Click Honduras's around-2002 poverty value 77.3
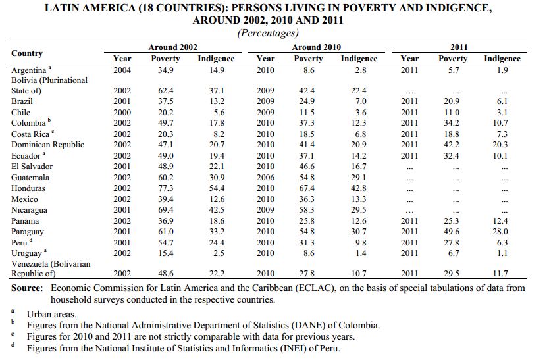166,188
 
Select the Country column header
27,53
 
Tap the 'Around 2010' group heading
316,47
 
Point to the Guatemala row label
30,178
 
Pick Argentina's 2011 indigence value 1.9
502,70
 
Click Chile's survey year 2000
122,113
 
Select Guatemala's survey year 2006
265,178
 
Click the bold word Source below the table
26,288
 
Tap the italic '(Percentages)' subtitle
268,32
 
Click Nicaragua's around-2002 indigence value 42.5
217,210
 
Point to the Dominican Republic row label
47,145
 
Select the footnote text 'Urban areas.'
52,314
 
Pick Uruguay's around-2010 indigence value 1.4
361,253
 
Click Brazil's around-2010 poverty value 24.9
307,101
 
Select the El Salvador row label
32,167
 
